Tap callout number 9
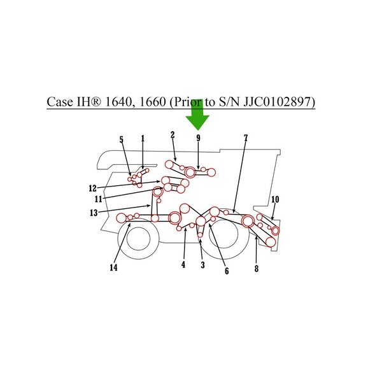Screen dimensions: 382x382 click(x=198, y=138)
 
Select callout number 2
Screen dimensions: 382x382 click(x=173, y=135)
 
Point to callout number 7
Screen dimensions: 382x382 click(x=246, y=138)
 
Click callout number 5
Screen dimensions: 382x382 click(x=122, y=139)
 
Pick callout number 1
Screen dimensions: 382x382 click(x=143, y=138)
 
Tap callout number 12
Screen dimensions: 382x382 click(x=93, y=188)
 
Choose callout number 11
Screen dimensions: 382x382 click(x=98, y=199)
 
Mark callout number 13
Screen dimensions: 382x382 click(x=94, y=213)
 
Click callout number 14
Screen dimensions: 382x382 click(x=113, y=267)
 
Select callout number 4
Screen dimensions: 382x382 click(x=183, y=264)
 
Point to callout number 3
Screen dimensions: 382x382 click(x=202, y=265)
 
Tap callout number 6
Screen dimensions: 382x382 click(x=227, y=271)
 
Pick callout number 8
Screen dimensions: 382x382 click(x=257, y=269)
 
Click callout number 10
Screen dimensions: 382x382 click(x=275, y=199)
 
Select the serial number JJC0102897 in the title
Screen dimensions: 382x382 click(x=277, y=102)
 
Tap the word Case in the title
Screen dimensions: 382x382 click(x=60, y=102)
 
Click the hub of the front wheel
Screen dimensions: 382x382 click(x=138, y=239)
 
